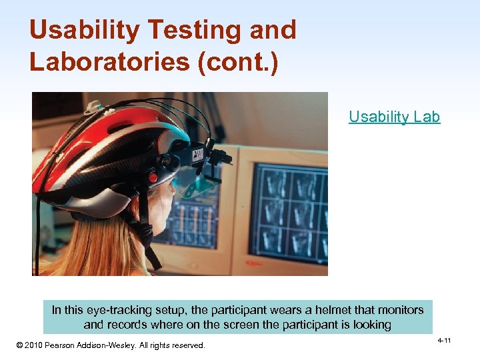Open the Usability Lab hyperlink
coord(394,117)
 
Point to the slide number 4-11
coord(444,341)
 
